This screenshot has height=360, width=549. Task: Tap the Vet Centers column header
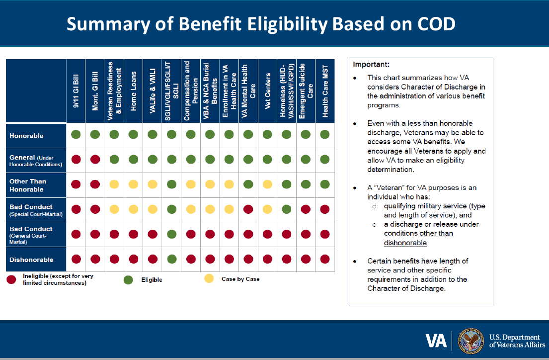tap(267, 90)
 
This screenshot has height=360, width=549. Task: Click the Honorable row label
tap(27, 136)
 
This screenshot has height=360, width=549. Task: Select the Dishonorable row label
tap(31, 260)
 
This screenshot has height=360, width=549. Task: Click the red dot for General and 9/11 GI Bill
tap(76, 160)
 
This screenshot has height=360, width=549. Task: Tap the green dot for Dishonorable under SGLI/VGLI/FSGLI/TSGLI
tap(171, 259)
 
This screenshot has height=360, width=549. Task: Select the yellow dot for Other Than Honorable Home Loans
tap(133, 184)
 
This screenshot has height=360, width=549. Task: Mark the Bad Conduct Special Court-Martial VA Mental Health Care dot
tap(248, 209)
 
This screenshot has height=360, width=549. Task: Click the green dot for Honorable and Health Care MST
tap(325, 134)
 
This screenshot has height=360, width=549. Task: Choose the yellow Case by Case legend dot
tap(209, 279)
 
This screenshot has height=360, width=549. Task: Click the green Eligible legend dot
tap(128, 280)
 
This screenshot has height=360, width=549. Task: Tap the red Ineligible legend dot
tap(11, 279)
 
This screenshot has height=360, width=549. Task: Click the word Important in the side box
tap(371, 65)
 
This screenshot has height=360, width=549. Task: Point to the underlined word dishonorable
tap(405, 243)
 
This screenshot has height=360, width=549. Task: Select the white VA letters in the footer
tap(436, 341)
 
